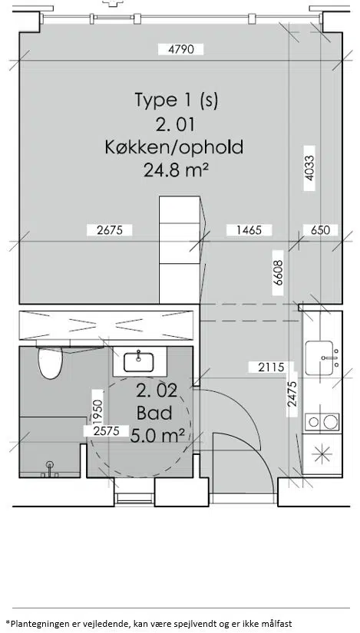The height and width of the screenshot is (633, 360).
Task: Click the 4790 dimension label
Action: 180,49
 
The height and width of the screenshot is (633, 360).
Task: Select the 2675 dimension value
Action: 110,230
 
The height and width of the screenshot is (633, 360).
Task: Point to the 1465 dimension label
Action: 249,230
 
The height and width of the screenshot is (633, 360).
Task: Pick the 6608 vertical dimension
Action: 278,273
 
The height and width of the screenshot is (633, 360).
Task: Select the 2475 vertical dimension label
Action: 292,394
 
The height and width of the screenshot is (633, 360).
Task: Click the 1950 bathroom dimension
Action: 97,410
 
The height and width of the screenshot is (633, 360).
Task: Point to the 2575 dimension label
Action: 106,430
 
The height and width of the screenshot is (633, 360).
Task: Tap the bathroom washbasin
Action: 139,362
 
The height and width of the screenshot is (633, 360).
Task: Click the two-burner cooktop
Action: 322,422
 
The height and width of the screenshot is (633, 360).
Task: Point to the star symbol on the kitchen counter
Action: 322,454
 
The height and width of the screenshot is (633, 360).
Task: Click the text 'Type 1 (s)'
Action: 176,100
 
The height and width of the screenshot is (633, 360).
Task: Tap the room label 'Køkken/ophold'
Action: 174,147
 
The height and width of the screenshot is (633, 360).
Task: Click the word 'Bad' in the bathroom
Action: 154,413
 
